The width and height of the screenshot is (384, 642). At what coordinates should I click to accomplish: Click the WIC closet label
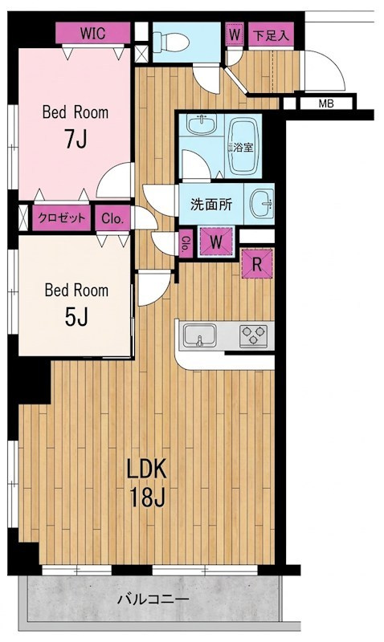(92, 33)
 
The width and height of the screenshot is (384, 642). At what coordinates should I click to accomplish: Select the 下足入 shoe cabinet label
(271, 35)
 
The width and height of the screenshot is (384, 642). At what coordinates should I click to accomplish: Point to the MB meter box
(326, 104)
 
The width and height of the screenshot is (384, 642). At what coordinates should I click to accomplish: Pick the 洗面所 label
(211, 204)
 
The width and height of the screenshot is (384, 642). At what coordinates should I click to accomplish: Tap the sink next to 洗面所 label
(262, 203)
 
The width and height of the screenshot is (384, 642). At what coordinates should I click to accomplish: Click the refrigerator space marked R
(257, 264)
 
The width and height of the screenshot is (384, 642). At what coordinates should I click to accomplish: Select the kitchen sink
(199, 335)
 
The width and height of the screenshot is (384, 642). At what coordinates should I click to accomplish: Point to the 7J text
(76, 140)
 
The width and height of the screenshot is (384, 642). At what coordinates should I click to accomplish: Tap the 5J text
(76, 317)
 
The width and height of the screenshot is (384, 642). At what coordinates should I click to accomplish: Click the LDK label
(147, 469)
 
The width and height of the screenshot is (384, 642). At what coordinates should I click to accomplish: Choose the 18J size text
(147, 497)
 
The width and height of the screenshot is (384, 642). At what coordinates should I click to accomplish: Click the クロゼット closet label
(62, 217)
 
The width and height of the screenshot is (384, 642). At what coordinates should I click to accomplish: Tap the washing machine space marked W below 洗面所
(216, 242)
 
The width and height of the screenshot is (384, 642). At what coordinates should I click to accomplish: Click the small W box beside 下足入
(235, 34)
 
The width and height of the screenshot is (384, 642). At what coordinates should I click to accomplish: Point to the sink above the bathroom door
(201, 124)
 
